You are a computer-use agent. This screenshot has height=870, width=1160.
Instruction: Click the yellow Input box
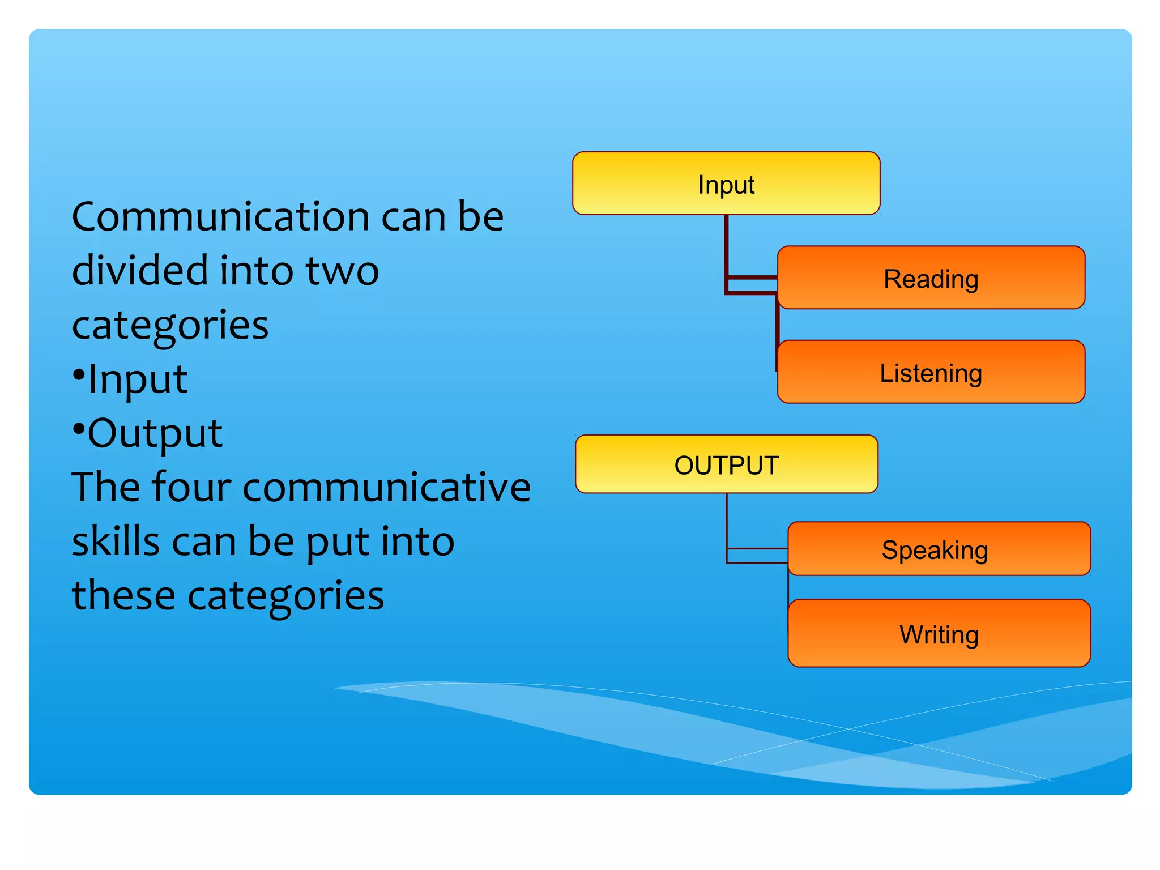(x=726, y=184)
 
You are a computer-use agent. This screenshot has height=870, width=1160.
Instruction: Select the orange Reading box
(x=931, y=278)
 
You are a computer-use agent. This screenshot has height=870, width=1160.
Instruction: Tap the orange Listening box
(x=931, y=372)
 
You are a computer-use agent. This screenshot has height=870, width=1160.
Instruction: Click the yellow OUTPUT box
(x=727, y=464)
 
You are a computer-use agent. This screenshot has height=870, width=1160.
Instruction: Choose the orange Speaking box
(x=939, y=549)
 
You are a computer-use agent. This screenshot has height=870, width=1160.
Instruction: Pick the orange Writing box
(x=939, y=633)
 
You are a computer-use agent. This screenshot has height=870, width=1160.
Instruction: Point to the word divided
(x=140, y=271)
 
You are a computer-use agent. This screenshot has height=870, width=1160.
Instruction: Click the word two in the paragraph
(x=342, y=271)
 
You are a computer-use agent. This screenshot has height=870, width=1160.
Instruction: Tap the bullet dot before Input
(x=79, y=374)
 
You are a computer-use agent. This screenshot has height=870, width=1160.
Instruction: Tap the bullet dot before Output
(x=79, y=429)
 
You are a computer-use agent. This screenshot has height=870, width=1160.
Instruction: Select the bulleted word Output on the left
(x=155, y=433)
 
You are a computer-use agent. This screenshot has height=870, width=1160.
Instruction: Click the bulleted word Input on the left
(x=138, y=379)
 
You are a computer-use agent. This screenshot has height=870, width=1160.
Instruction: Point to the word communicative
(x=386, y=488)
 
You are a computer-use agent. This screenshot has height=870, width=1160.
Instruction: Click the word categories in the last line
(x=285, y=596)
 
